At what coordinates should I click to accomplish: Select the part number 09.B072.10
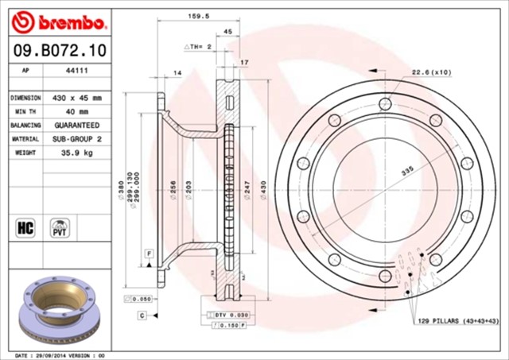coord(54,51)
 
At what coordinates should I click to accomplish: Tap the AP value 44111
coord(76,70)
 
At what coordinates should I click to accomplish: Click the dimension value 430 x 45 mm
coord(76,98)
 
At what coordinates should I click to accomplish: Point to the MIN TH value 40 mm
coord(76,112)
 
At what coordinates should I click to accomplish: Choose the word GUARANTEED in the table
coord(76,126)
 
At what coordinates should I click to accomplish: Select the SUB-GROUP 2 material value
coord(76,139)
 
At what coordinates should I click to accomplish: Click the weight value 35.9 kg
coord(76,153)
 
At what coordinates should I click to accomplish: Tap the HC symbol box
coord(24,228)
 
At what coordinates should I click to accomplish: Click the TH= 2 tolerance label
coord(198,47)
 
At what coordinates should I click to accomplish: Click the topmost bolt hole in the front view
coord(385,103)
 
